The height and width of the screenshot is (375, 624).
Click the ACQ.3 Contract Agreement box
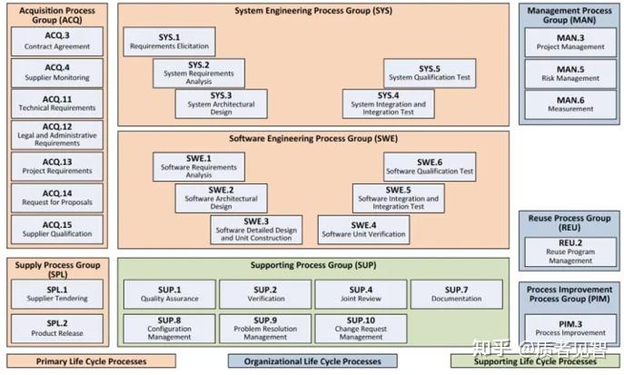click(57, 42)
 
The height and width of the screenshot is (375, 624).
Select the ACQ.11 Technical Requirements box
click(57, 104)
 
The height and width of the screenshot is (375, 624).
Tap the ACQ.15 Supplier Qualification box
click(57, 230)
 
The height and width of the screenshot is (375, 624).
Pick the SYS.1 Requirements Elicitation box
click(169, 42)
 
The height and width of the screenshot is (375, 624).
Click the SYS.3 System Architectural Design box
click(222, 104)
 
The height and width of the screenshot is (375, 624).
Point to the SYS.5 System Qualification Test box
click(430, 74)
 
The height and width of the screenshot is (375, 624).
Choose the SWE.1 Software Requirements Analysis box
click(199, 167)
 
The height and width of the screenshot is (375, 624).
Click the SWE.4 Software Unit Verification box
click(363, 230)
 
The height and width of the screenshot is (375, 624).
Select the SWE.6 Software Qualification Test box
click(430, 167)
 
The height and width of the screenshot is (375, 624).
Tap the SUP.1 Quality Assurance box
click(170, 294)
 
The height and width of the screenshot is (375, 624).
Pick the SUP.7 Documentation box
click(457, 294)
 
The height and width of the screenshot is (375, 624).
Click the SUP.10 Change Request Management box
click(361, 329)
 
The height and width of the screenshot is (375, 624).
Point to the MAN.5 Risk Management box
click(570, 74)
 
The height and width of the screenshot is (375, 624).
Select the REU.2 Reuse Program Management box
click(570, 252)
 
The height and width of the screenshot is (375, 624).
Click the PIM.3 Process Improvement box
click(570, 329)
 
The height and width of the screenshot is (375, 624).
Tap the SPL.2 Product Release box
click(57, 329)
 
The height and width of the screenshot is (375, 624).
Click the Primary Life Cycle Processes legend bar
click(91, 361)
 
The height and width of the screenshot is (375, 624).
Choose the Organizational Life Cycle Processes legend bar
click(312, 361)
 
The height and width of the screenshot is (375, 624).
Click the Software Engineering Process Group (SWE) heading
click(313, 138)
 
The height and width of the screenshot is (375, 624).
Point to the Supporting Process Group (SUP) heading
click(313, 265)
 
